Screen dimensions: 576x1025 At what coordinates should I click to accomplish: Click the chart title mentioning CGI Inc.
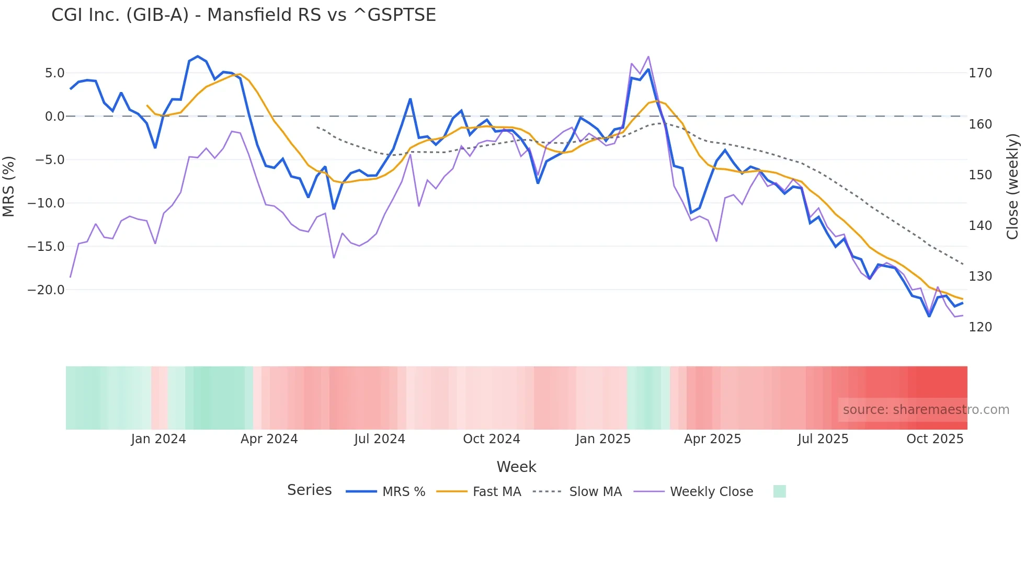click(243, 15)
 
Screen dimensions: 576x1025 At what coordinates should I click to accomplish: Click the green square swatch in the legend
click(779, 491)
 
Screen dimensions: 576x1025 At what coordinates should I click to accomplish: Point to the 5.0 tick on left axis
click(54, 73)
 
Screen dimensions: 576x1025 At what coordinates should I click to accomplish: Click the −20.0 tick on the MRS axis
click(46, 290)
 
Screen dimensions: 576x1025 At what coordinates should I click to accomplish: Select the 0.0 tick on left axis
click(54, 117)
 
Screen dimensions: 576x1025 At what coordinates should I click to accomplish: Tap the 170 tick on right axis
click(980, 73)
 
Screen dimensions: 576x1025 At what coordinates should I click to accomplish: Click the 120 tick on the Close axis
click(980, 327)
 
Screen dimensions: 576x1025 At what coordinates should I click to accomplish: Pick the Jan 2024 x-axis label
click(158, 439)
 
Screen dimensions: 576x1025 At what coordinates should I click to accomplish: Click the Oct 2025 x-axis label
click(935, 439)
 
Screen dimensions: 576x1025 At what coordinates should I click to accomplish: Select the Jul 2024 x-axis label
click(380, 439)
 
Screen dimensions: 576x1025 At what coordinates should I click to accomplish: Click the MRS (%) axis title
click(9, 186)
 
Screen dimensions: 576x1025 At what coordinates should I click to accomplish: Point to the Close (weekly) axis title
click(1013, 186)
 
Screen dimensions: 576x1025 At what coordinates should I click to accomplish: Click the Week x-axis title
click(516, 467)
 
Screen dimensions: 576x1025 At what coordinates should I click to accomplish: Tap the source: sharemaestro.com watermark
click(926, 410)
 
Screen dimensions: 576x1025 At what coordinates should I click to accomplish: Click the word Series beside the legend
click(309, 490)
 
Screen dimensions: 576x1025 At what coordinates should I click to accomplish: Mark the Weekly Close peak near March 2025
click(648, 56)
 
